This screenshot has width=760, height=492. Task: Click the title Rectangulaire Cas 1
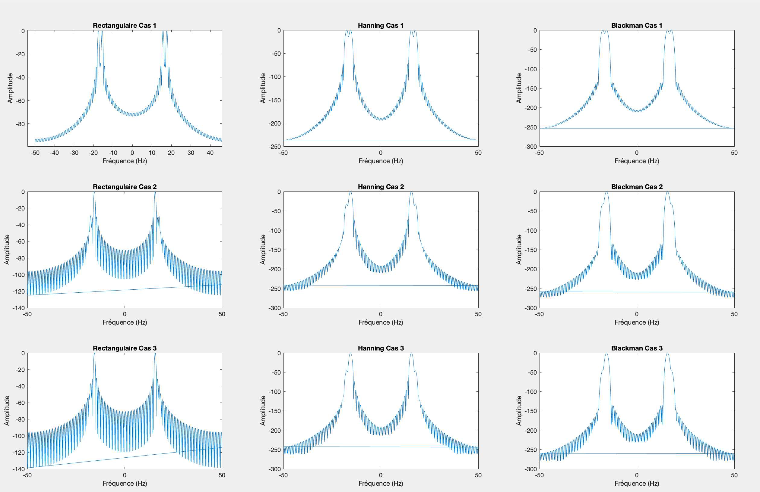coord(125,26)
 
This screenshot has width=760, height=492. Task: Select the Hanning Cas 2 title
coord(381,187)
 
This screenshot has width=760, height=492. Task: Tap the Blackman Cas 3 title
coord(637,348)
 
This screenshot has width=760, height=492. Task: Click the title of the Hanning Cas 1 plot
coord(381,26)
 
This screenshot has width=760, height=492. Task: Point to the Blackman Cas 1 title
coord(637,26)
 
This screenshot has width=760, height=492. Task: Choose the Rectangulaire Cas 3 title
coord(125,348)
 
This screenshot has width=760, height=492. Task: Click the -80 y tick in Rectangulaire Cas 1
coord(21,124)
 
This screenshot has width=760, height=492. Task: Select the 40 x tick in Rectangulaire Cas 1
coord(210,153)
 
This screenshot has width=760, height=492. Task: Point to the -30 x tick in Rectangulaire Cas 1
coord(74,153)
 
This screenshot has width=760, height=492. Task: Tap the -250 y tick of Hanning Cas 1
coord(274,147)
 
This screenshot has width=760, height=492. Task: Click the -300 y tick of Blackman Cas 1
coord(530,147)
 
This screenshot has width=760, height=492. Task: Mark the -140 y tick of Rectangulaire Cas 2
coord(18,308)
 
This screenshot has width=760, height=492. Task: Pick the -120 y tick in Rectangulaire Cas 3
coord(18,453)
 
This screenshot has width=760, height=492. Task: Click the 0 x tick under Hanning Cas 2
coord(381,314)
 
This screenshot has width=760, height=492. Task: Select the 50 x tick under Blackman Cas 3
coord(734,475)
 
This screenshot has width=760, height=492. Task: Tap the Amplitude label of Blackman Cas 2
coord(519,249)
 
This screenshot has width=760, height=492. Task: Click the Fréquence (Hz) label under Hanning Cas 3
coord(381,483)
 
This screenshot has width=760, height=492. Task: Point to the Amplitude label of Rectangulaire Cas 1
coord(10,88)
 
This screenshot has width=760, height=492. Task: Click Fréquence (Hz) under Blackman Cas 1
coord(637,161)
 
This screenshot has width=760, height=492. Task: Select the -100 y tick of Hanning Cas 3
coord(274,391)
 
